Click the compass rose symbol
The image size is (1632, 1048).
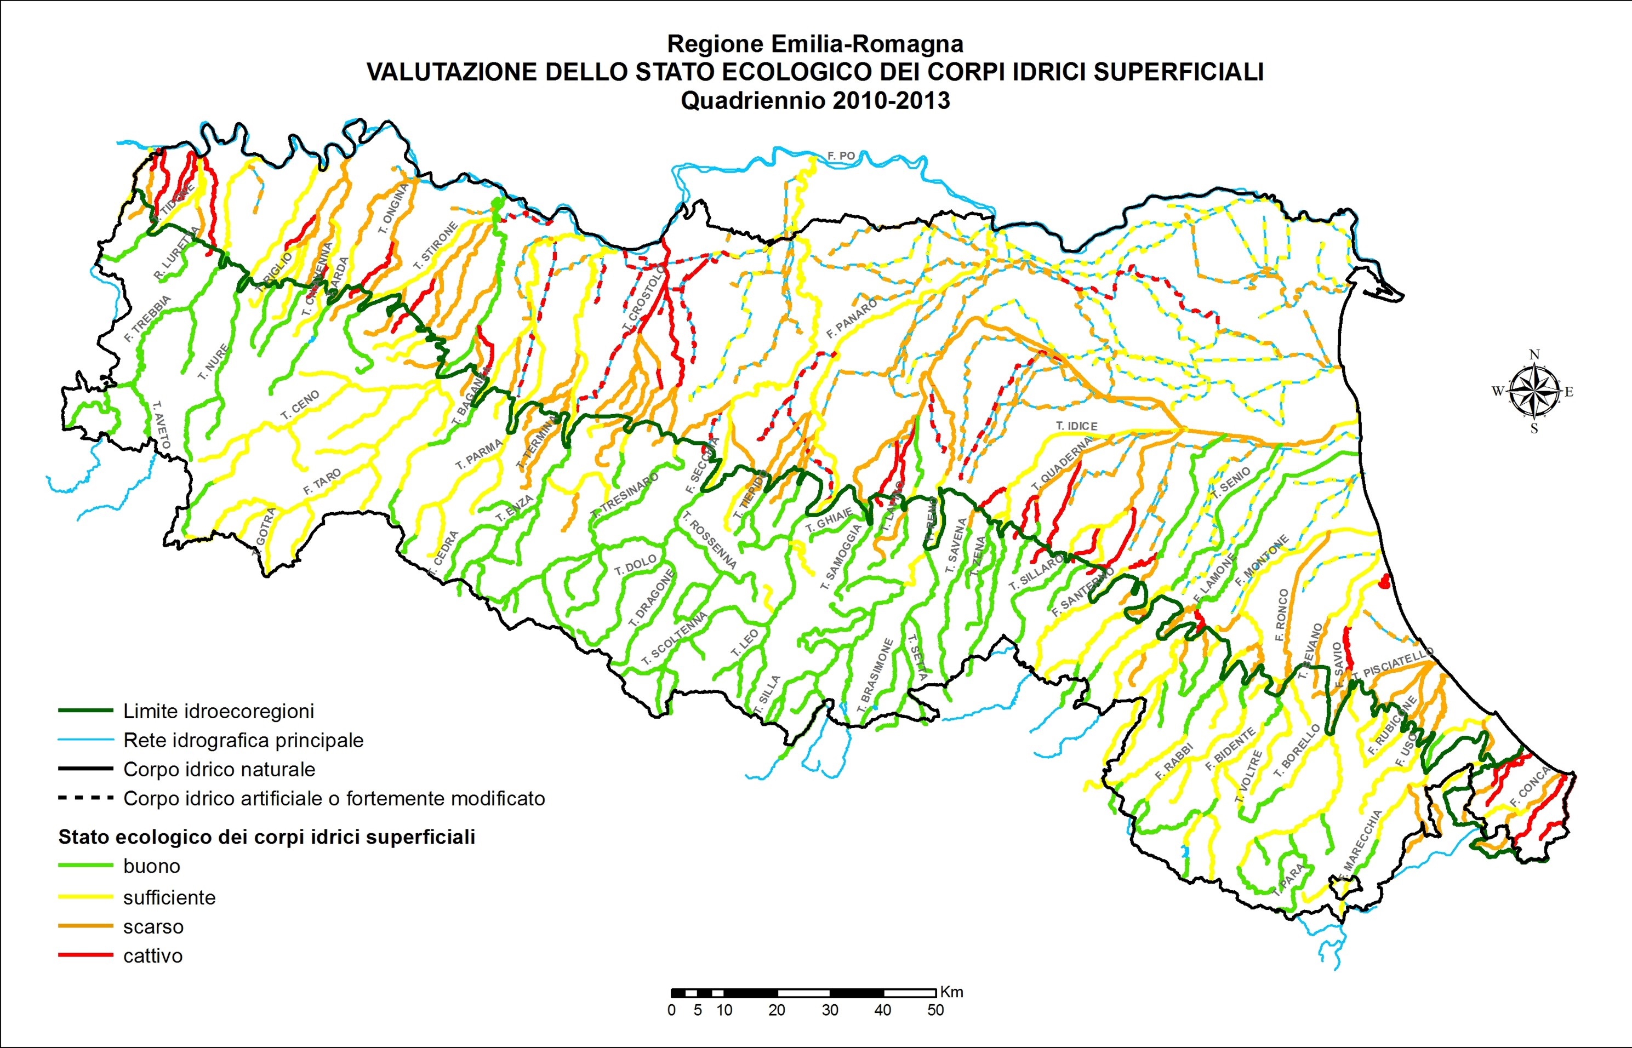(1533, 391)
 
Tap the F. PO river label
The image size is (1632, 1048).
(841, 156)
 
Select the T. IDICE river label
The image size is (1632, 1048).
(1077, 426)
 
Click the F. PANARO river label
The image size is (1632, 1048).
(852, 319)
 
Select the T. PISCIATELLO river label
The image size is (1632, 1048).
(1393, 664)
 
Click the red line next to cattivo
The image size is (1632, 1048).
(85, 955)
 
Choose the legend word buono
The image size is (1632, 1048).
(152, 866)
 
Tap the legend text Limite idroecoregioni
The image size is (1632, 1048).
(219, 711)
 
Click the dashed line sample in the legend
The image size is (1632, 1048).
(85, 798)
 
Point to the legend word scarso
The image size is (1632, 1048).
(153, 926)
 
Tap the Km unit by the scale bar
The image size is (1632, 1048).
(951, 992)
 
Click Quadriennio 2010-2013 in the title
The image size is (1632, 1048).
(815, 101)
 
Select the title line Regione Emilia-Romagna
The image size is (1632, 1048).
(815, 44)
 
